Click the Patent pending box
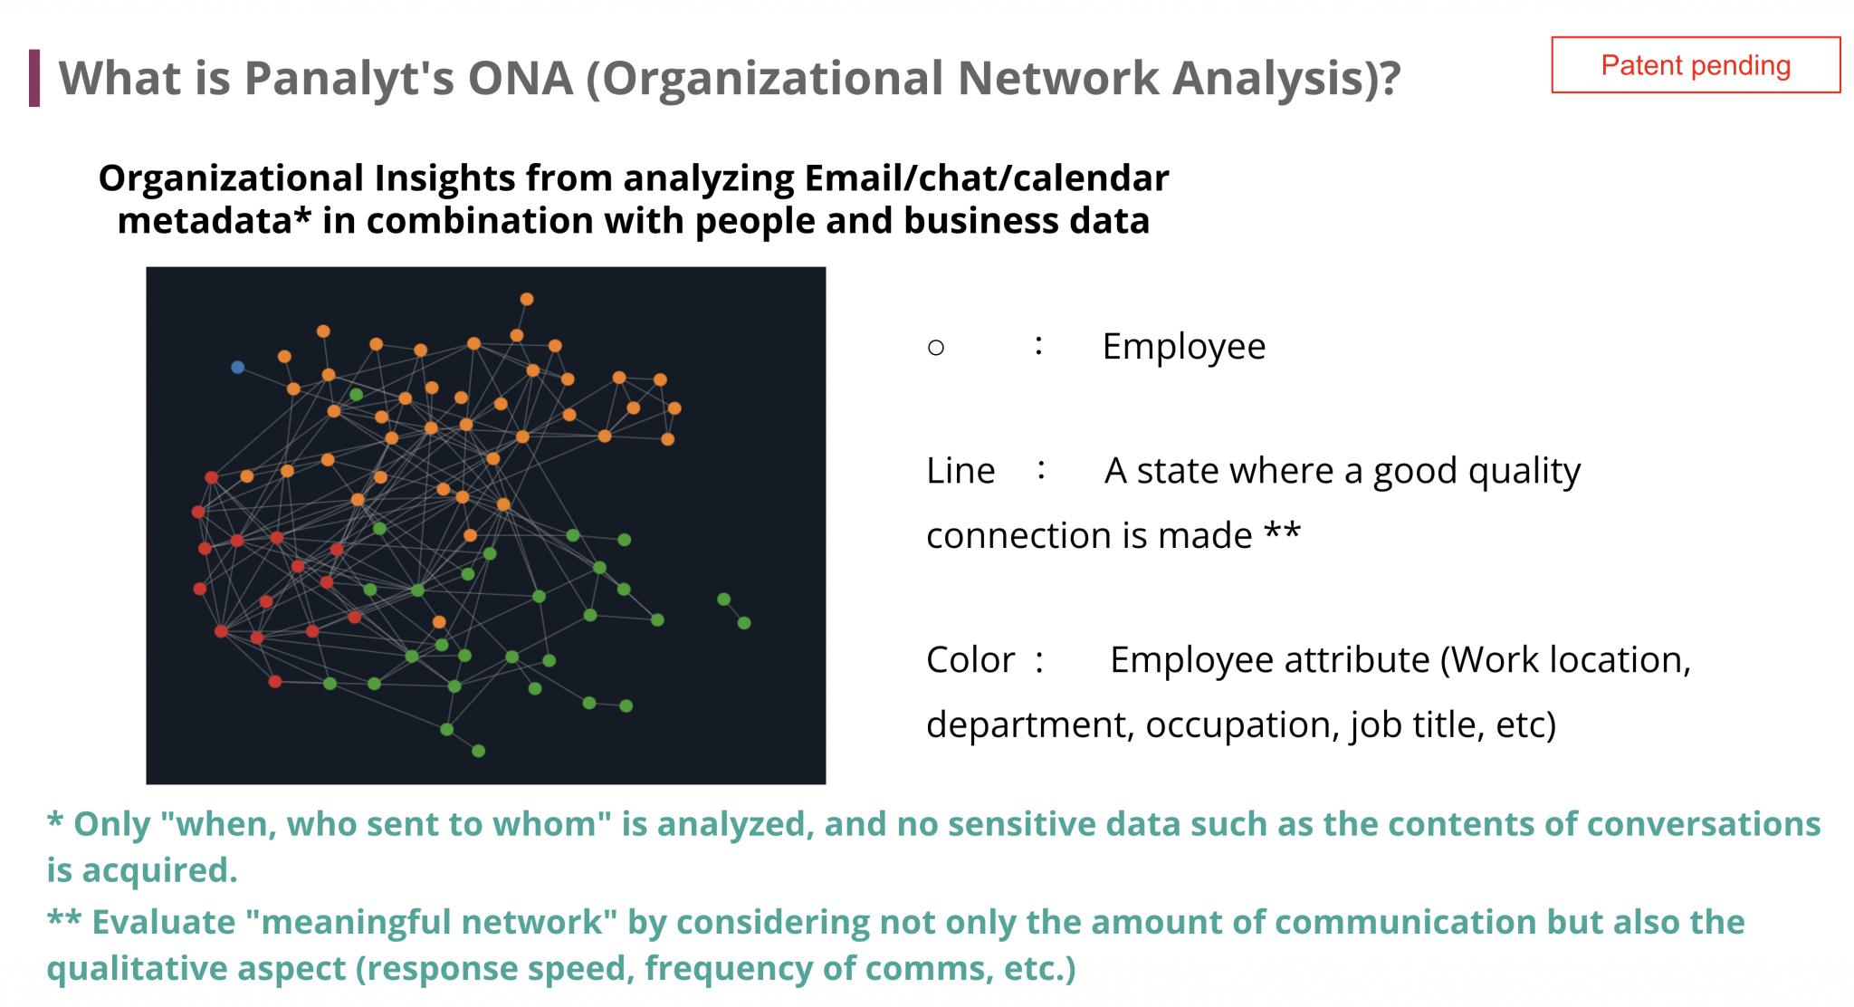click(x=1696, y=65)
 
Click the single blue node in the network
click(x=237, y=368)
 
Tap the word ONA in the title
click(x=521, y=78)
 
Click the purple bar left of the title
click(x=34, y=78)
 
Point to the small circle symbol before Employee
click(x=936, y=348)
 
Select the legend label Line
click(x=960, y=471)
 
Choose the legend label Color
click(x=970, y=660)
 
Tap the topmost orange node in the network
click(x=527, y=299)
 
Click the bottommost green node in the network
click(x=479, y=751)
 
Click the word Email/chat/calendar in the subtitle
click(x=987, y=178)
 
